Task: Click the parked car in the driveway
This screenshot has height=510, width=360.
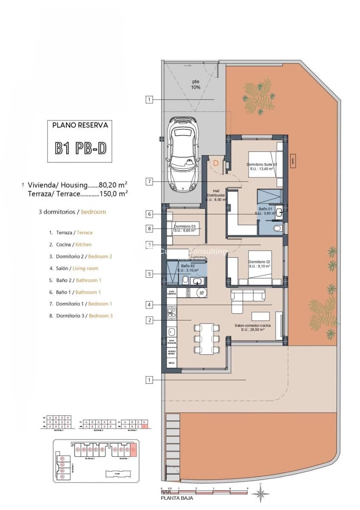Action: pos(183,154)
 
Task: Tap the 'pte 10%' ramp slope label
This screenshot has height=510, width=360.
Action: pos(195,84)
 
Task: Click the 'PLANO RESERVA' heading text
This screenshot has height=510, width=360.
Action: pos(80,125)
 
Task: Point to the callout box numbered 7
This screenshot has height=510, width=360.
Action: pos(149,181)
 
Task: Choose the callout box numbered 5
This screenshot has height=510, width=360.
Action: pos(149,274)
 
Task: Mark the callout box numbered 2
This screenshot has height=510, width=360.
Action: pos(149,320)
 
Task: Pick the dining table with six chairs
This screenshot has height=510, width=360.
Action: pos(207,339)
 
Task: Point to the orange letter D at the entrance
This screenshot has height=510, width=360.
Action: pos(216,163)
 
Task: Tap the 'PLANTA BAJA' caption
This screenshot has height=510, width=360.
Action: pos(177,498)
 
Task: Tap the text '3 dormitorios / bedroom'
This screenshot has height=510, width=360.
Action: pos(72,211)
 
